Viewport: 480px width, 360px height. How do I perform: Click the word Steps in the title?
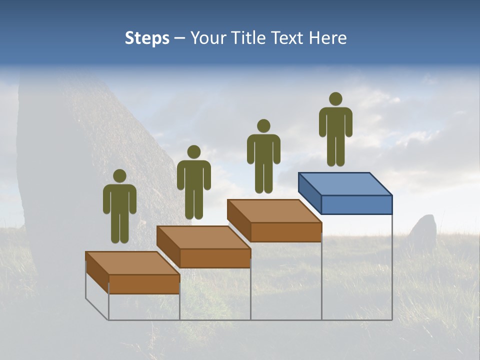point(147,38)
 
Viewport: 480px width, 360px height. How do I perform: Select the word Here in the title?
point(328,38)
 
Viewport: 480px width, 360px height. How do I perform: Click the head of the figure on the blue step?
point(335,99)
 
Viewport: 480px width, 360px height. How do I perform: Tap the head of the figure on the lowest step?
point(119,176)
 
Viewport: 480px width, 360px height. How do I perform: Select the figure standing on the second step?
point(194,182)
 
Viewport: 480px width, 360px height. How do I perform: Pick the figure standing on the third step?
point(263,156)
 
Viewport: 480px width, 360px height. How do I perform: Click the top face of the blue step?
point(345,184)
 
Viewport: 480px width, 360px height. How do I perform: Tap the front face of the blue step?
point(356,204)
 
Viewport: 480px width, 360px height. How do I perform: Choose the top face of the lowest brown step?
point(132,263)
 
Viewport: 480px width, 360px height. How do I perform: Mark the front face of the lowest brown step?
point(144,284)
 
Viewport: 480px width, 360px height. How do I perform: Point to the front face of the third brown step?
point(285,232)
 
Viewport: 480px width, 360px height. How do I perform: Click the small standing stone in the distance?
point(423,230)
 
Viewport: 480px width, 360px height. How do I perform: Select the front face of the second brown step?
point(215,258)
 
